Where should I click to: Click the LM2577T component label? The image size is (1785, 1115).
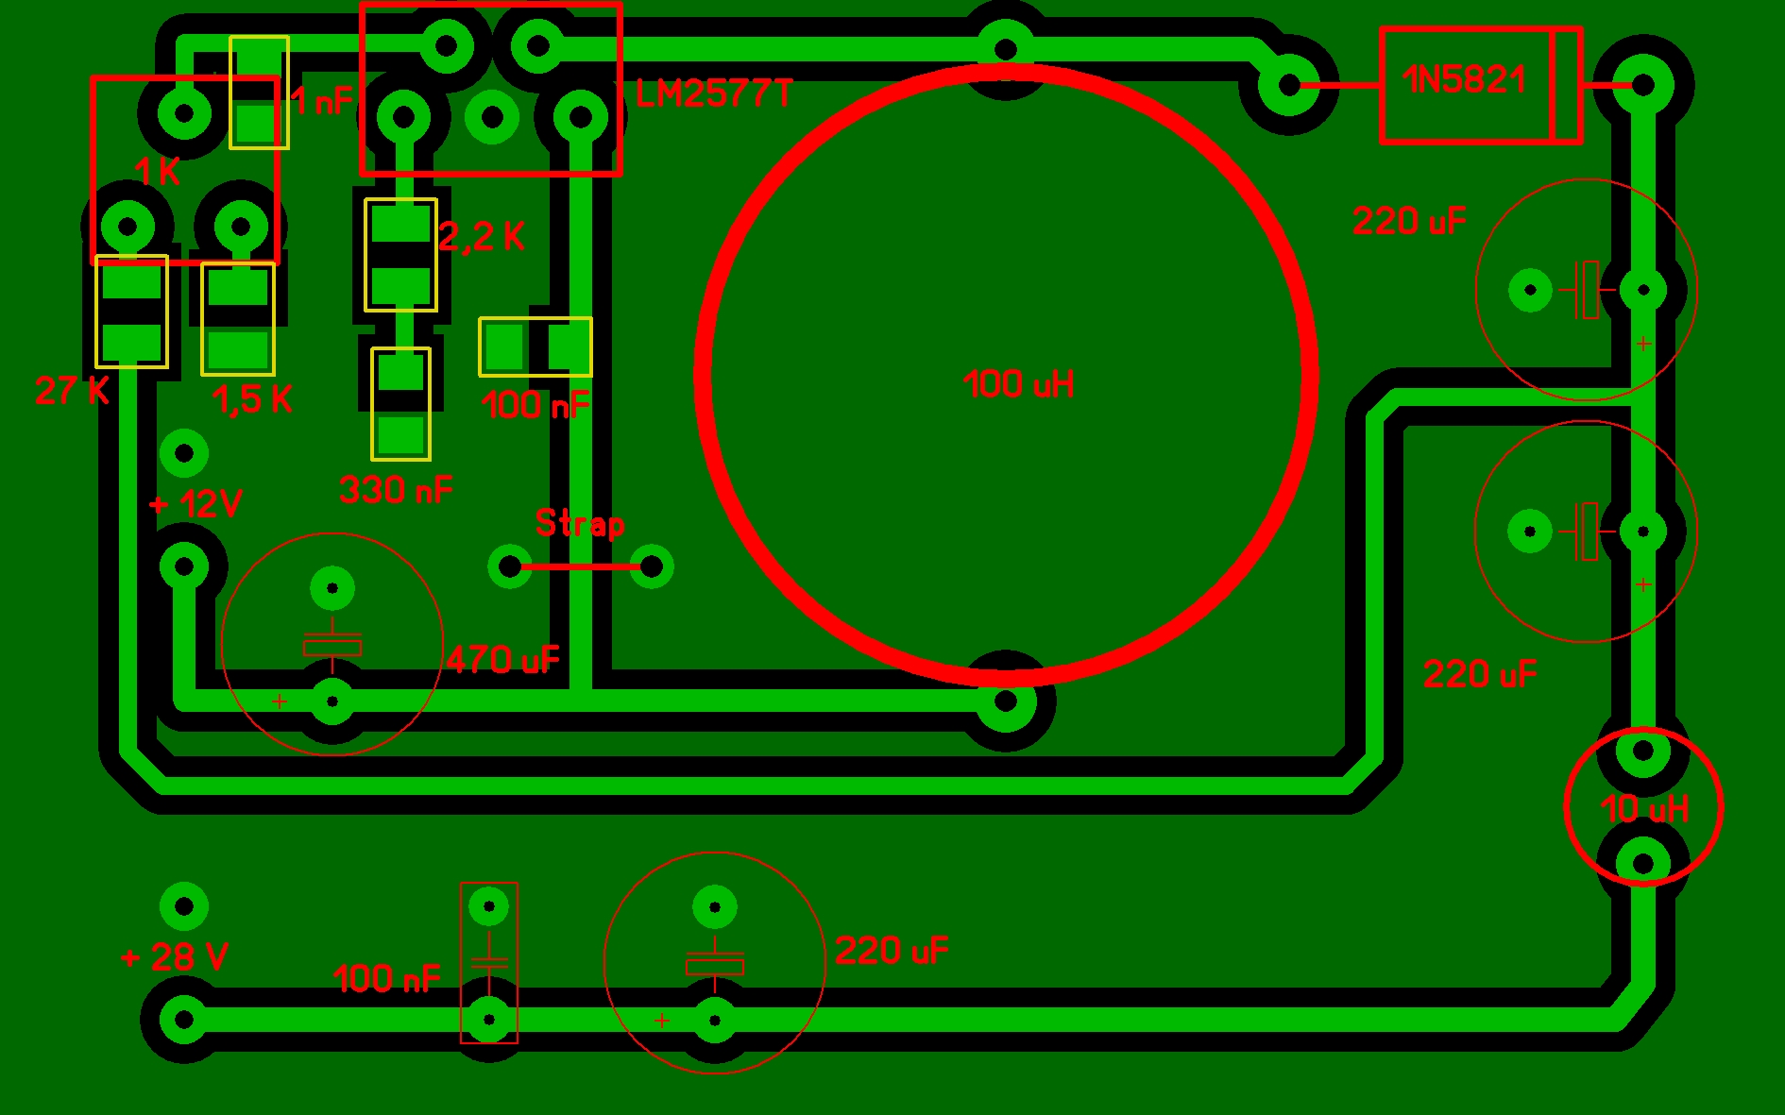(714, 93)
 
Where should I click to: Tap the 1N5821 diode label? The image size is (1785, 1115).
(1464, 79)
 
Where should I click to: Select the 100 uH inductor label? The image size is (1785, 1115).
(1018, 384)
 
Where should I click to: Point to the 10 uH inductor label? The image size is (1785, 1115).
(1644, 809)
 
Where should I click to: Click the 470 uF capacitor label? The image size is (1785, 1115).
(502, 659)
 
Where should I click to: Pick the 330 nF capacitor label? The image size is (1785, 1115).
(396, 489)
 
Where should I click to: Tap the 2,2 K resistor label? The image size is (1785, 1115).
(482, 236)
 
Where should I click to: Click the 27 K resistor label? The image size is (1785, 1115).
(72, 390)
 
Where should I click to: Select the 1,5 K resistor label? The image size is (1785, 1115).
(252, 400)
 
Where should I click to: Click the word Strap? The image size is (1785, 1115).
(580, 523)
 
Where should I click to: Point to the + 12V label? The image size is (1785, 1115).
(195, 504)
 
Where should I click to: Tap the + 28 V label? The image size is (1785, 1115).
(175, 957)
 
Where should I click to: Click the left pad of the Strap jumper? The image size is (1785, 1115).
(510, 566)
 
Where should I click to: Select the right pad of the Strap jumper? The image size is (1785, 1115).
(652, 566)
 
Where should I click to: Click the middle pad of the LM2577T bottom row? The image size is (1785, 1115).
(492, 118)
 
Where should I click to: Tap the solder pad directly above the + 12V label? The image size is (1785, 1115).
(184, 453)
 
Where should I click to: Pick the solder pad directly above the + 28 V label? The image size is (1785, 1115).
(184, 907)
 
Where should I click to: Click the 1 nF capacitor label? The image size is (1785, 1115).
(322, 101)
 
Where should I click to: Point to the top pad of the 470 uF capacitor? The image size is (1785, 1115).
(332, 588)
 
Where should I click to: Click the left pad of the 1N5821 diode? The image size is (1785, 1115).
(1288, 85)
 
